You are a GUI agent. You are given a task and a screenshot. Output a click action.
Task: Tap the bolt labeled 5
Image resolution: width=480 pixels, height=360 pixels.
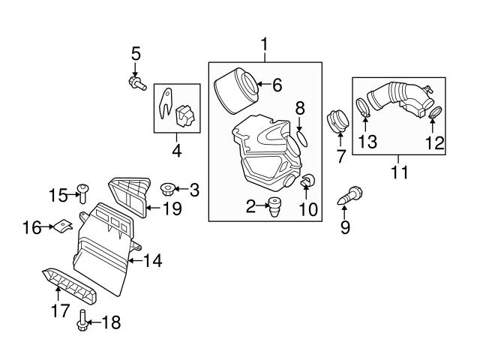[x=136, y=82]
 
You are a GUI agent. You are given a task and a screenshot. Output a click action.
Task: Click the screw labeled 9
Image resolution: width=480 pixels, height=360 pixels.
[x=352, y=196]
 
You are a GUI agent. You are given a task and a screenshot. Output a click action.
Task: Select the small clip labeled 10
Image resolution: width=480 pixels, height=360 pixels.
[x=306, y=181]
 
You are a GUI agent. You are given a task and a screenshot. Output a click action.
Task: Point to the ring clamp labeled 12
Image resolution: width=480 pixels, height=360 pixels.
[x=433, y=114]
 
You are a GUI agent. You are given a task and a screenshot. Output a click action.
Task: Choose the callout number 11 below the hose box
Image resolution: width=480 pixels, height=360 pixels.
[x=399, y=172]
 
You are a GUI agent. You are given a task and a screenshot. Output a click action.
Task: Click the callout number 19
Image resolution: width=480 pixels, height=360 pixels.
[x=172, y=208]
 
